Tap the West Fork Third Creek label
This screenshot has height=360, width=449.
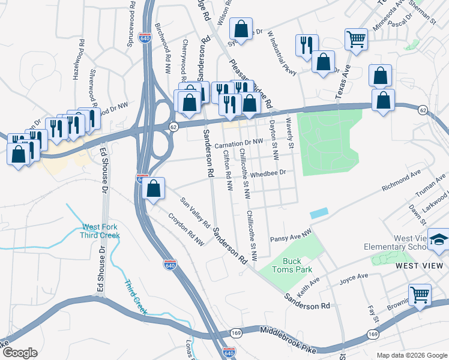(101, 231)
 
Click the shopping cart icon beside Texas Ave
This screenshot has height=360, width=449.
(356, 39)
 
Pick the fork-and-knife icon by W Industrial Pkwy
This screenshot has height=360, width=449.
(307, 44)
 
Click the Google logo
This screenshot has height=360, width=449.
(19, 353)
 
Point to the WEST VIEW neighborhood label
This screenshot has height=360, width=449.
(420, 265)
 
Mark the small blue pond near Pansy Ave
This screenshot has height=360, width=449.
(319, 213)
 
